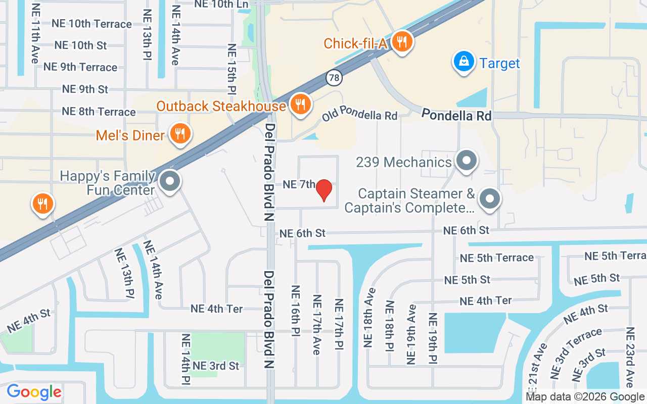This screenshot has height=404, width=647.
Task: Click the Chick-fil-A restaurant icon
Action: (x=401, y=42)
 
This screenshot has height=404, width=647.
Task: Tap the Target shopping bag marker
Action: (x=463, y=62)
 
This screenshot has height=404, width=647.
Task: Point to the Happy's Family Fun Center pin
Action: (x=170, y=182)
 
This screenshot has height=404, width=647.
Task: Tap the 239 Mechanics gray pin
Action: (x=466, y=161)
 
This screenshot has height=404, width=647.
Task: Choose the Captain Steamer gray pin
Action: (x=489, y=199)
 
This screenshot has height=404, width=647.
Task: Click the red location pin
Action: (x=324, y=190)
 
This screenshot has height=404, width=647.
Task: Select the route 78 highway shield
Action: (x=334, y=77)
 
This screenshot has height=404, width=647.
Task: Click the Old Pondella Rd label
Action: (x=360, y=113)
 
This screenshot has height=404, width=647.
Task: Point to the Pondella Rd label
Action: (x=456, y=115)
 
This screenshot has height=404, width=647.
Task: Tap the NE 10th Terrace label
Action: (x=91, y=24)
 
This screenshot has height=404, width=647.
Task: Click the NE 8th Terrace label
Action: (x=99, y=112)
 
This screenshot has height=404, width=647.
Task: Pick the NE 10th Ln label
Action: (x=222, y=5)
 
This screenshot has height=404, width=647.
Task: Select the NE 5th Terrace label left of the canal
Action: (x=496, y=258)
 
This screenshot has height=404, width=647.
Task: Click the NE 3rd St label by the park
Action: (x=216, y=366)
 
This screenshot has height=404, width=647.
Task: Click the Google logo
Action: (x=34, y=391)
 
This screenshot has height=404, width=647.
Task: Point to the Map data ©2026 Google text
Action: (x=585, y=397)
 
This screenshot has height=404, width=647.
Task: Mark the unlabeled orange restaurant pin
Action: (x=43, y=204)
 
